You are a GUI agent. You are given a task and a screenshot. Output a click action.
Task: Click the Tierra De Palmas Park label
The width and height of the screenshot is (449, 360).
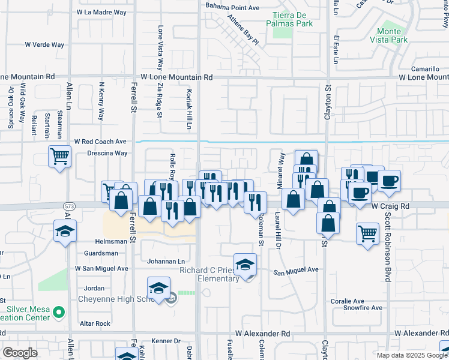point(293,19)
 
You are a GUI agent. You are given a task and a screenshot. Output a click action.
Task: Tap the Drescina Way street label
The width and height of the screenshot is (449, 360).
point(107,153)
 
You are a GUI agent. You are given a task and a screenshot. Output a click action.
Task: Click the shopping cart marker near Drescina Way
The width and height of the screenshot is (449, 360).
point(60,157)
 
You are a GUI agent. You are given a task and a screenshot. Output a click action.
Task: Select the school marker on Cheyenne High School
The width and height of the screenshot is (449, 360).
point(158,289)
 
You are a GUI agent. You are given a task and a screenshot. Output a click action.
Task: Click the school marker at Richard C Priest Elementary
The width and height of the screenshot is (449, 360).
point(245,264)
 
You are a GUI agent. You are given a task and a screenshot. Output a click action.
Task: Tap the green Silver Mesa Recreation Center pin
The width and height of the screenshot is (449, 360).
point(58,312)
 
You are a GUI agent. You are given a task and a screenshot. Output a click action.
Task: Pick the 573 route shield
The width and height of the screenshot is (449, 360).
point(69,206)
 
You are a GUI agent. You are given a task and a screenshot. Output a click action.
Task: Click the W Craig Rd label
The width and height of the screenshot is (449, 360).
point(390,206)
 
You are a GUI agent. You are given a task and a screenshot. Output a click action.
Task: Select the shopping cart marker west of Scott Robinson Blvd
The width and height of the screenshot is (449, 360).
point(367,232)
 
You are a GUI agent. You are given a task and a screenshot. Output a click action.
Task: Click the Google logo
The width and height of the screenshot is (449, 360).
point(20,353)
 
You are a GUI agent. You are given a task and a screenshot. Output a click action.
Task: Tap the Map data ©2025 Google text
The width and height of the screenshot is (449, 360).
point(411,355)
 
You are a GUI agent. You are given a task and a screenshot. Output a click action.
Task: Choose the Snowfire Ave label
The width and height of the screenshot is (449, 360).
point(363,308)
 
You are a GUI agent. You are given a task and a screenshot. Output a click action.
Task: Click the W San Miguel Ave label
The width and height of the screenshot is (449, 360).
point(101,268)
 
